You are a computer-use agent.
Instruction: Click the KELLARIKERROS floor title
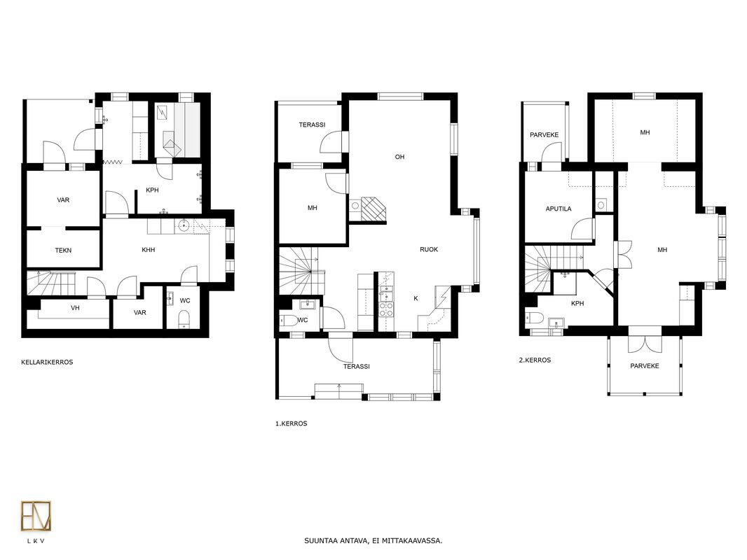(x=47, y=362)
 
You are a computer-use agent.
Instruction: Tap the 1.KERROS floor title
(x=291, y=423)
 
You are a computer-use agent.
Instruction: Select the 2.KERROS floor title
(x=535, y=360)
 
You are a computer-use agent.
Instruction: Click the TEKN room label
(x=63, y=251)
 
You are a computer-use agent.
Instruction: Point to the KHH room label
(x=148, y=250)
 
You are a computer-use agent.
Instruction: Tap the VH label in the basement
(x=75, y=308)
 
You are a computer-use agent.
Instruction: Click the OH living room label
(x=399, y=157)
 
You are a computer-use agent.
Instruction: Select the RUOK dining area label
(x=429, y=249)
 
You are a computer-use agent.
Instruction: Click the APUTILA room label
(x=558, y=209)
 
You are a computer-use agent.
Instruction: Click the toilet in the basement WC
(x=184, y=319)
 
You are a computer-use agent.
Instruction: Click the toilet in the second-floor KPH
(x=535, y=318)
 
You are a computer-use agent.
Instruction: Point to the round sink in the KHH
(x=184, y=225)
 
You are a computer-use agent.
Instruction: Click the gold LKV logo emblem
(x=36, y=516)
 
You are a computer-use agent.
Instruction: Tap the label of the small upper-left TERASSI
(x=312, y=125)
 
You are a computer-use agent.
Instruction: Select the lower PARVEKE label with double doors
(x=645, y=366)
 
